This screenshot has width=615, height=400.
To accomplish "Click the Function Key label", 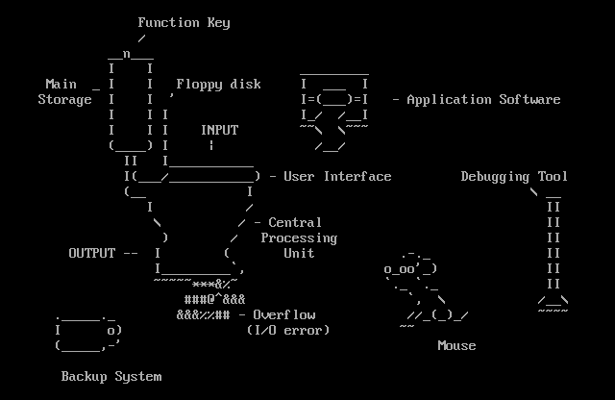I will [x=184, y=22].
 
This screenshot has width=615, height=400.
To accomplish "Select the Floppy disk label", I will [x=218, y=84].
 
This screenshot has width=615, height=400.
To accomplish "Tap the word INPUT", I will [x=219, y=130].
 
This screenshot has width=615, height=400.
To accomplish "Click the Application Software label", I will [x=483, y=99].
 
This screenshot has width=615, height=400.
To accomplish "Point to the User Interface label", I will [x=337, y=176].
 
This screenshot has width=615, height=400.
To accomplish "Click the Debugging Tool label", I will [x=514, y=176].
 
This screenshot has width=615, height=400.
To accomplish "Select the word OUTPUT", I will [x=91, y=253].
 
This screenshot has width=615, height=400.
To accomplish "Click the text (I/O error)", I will [x=288, y=330].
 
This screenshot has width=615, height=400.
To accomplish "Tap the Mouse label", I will [x=456, y=345].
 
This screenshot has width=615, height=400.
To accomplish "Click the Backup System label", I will [x=111, y=376].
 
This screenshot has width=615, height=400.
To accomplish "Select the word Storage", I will [x=65, y=99].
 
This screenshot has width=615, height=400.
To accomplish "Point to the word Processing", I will [x=299, y=237].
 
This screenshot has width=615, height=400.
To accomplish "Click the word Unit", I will [x=299, y=253].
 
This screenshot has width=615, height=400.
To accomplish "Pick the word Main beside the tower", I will [x=61, y=84].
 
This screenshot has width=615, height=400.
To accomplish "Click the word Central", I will [x=295, y=222].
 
